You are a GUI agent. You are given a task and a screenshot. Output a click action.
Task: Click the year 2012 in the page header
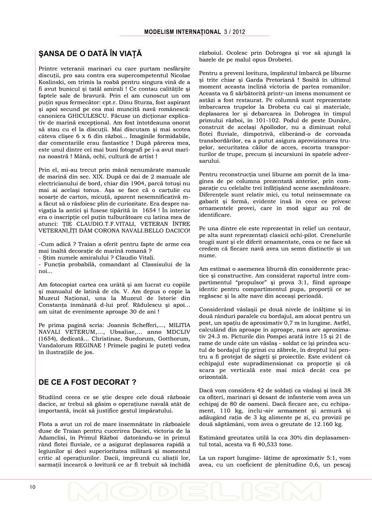(x=238, y=32)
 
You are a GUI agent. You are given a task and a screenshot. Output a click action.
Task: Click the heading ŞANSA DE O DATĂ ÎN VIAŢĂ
(x=90, y=53)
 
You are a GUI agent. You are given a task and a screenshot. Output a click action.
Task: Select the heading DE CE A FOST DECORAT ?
(x=87, y=382)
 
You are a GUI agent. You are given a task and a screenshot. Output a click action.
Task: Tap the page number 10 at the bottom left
(x=33, y=486)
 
